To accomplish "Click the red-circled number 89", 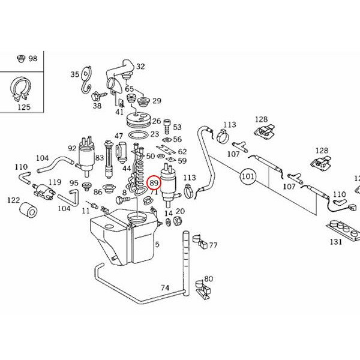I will (154, 183).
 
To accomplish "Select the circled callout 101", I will (248, 177).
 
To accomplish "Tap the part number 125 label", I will (23, 107).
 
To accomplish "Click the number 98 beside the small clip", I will (32, 58).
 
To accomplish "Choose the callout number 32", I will (140, 67).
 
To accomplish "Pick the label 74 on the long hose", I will (164, 287).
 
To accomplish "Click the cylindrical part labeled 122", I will (28, 211).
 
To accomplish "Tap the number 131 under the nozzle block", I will (336, 242).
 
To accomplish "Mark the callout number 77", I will (213, 245).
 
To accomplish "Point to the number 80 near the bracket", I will (208, 278).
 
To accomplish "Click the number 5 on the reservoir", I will (157, 244).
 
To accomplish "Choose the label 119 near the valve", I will (55, 181).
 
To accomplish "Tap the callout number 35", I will (75, 74).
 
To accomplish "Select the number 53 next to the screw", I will (176, 127).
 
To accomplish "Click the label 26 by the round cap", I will (156, 121).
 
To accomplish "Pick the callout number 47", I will (119, 136).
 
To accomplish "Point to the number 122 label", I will (13, 200).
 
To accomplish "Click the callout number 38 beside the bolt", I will (97, 106).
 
